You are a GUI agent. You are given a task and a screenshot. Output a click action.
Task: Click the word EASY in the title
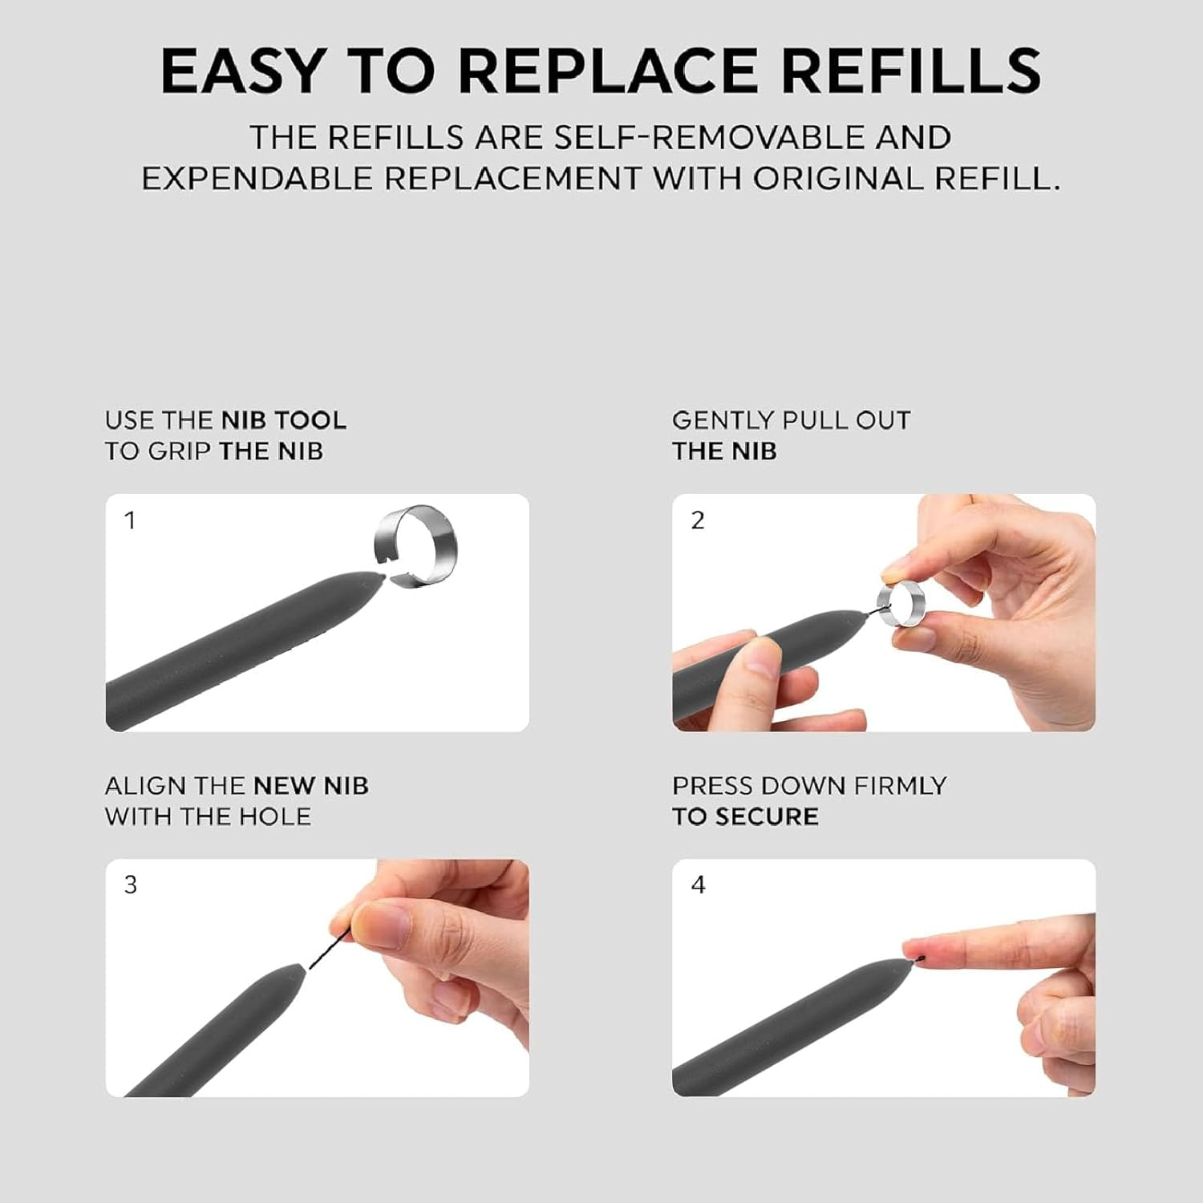point(241,71)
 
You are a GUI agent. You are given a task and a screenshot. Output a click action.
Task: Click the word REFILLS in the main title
point(911,71)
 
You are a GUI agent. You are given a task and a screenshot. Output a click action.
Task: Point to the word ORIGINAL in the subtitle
point(836,178)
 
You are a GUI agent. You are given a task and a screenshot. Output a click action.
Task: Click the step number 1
point(130,520)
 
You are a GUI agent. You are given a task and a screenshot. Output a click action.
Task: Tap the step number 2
point(698,520)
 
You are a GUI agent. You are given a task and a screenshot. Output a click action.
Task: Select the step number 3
point(131,885)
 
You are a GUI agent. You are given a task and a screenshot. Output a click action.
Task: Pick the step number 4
point(699,885)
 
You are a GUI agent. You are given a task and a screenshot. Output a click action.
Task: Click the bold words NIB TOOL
point(284,420)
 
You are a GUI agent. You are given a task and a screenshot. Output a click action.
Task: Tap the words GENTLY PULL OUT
point(791,420)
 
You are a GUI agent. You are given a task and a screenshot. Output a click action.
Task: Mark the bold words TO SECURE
point(745,816)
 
